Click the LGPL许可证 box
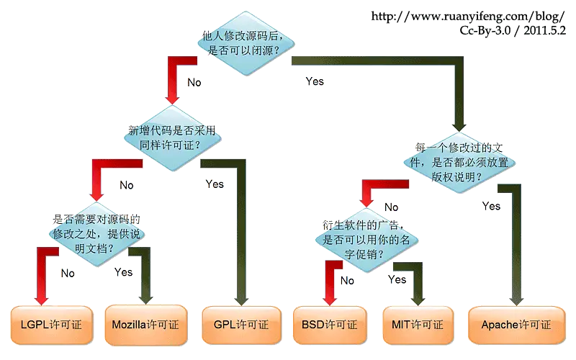pyautogui.click(x=51, y=325)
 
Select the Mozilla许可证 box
pyautogui.click(x=146, y=325)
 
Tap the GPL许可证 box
pyautogui.click(x=241, y=325)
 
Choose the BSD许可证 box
pyautogui.click(x=330, y=325)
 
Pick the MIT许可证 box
pyautogui.click(x=418, y=325)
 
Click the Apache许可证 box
pyautogui.click(x=516, y=325)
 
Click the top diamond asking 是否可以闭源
pyautogui.click(x=246, y=43)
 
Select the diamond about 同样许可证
pyautogui.click(x=172, y=138)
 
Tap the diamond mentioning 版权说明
pyautogui.click(x=459, y=163)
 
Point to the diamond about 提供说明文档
pyautogui.click(x=96, y=234)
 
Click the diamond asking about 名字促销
pyautogui.click(x=366, y=240)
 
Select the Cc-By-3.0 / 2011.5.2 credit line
pyautogui.click(x=513, y=30)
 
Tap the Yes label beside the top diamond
pyautogui.click(x=315, y=81)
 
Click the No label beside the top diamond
pyautogui.click(x=194, y=82)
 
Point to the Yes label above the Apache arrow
pyautogui.click(x=491, y=206)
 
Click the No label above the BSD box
pyautogui.click(x=347, y=281)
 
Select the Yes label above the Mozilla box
pyautogui.click(x=123, y=272)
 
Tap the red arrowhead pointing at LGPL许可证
pyautogui.click(x=42, y=299)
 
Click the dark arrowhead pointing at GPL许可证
pyautogui.click(x=241, y=300)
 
